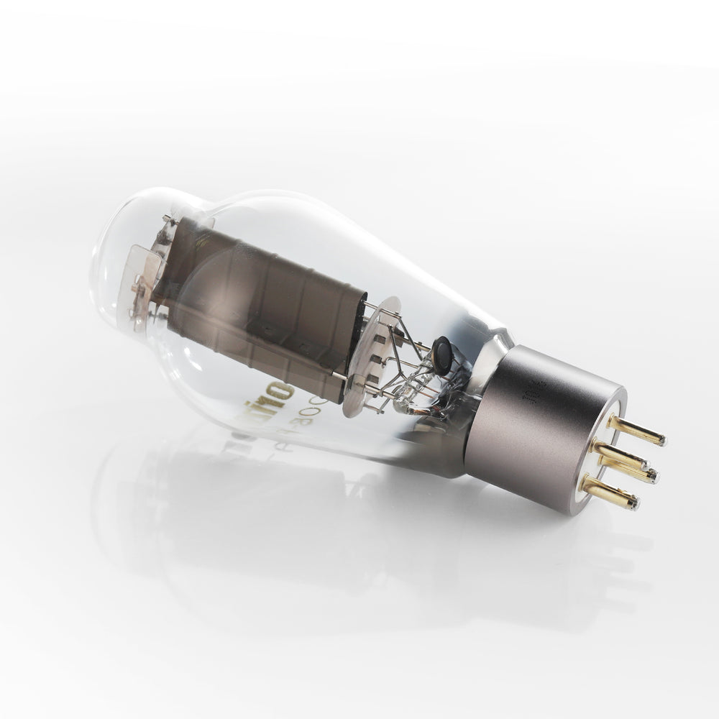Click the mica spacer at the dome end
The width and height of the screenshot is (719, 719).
[144, 270]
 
